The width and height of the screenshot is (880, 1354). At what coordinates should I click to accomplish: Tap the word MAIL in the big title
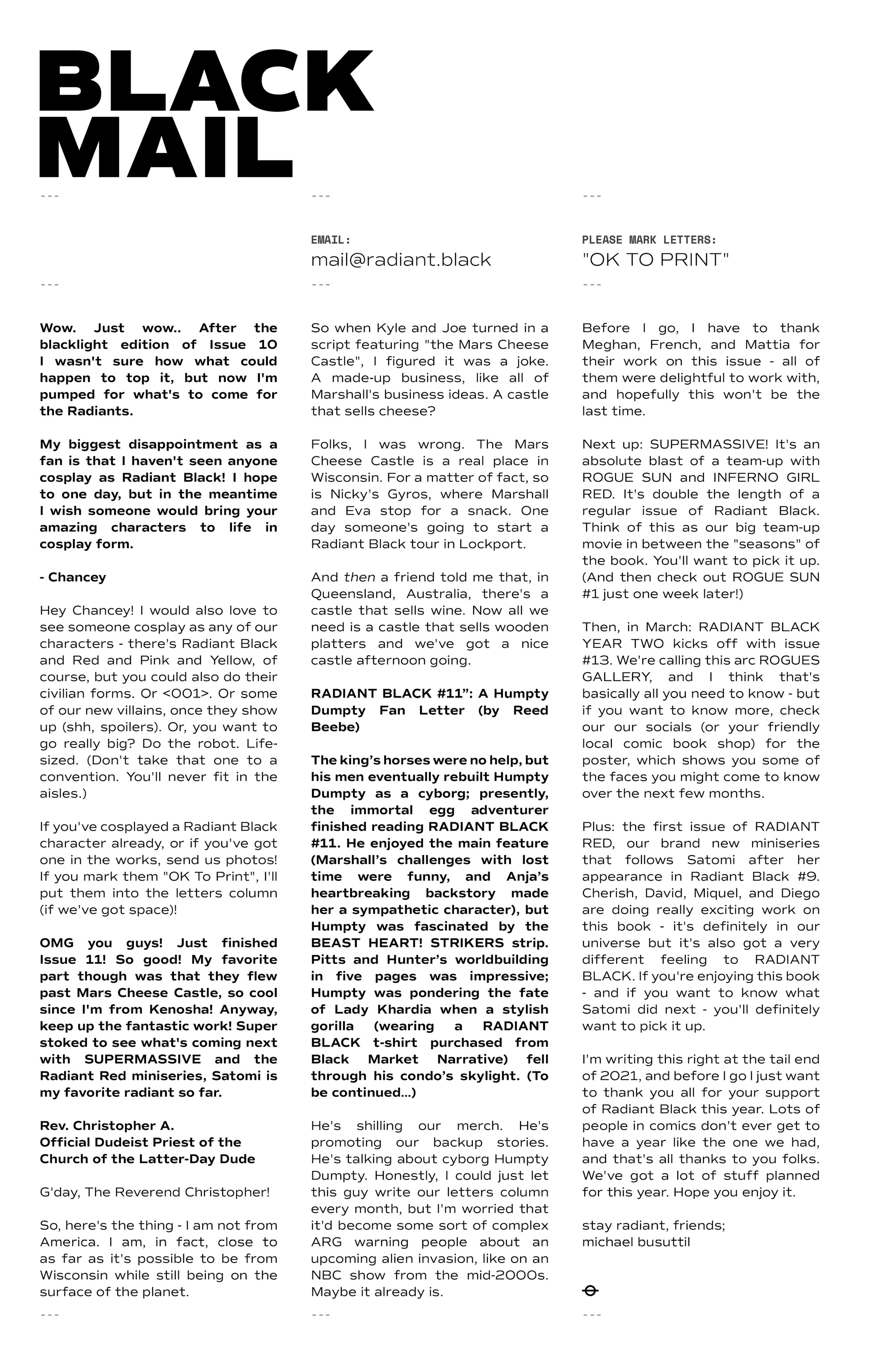point(166,148)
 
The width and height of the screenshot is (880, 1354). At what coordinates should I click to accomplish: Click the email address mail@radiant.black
point(400,260)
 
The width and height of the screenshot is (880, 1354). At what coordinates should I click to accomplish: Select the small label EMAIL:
point(330,240)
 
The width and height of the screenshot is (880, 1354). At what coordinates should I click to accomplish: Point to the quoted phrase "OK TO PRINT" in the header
point(655,260)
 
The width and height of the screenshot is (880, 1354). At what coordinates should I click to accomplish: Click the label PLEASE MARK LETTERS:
point(648,240)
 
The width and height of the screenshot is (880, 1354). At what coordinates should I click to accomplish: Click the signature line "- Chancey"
point(73,577)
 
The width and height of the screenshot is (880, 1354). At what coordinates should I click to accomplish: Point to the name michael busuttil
point(636,1242)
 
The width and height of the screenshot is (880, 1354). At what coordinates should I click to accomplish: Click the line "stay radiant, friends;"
point(653,1226)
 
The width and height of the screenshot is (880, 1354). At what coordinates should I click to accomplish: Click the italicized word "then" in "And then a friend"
point(359,577)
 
